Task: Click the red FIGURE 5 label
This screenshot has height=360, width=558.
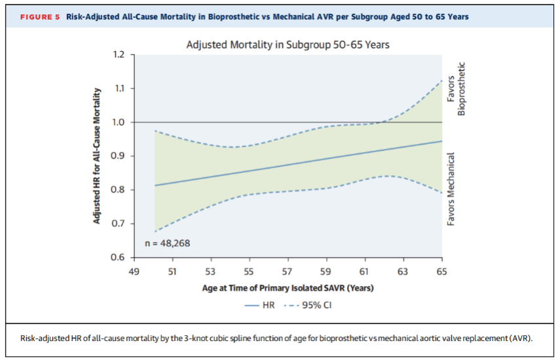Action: [40, 17]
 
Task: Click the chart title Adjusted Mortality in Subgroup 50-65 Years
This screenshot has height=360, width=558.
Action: [288, 45]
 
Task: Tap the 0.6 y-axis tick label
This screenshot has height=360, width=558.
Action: [117, 257]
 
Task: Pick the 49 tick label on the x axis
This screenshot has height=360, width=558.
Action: [134, 272]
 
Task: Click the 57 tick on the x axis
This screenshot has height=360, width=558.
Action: [287, 272]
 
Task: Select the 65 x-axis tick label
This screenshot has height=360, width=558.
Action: [441, 272]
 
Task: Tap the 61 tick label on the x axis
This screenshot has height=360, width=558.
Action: [363, 272]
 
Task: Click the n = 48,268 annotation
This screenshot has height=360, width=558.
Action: [168, 243]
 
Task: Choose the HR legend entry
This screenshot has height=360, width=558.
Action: [260, 305]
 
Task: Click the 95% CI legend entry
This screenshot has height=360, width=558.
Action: [308, 305]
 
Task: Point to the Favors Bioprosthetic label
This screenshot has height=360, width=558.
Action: [456, 89]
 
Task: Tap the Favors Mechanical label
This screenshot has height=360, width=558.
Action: [451, 189]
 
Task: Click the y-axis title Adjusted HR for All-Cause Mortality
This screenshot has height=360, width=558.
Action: [96, 156]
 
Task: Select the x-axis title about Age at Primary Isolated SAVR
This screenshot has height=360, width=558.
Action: [288, 288]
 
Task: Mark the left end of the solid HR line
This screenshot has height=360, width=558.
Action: [155, 185]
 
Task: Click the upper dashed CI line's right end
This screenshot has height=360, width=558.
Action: [442, 81]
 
